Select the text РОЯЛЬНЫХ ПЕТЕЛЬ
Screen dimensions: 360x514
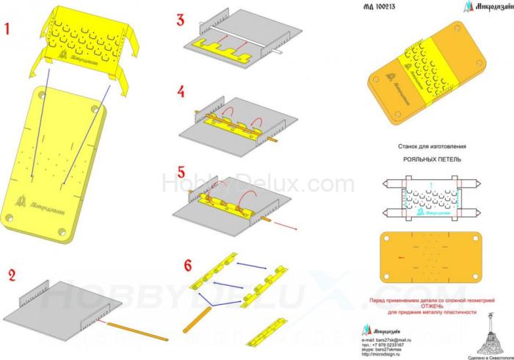click(429, 159)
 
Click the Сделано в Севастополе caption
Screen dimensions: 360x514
click(485, 356)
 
